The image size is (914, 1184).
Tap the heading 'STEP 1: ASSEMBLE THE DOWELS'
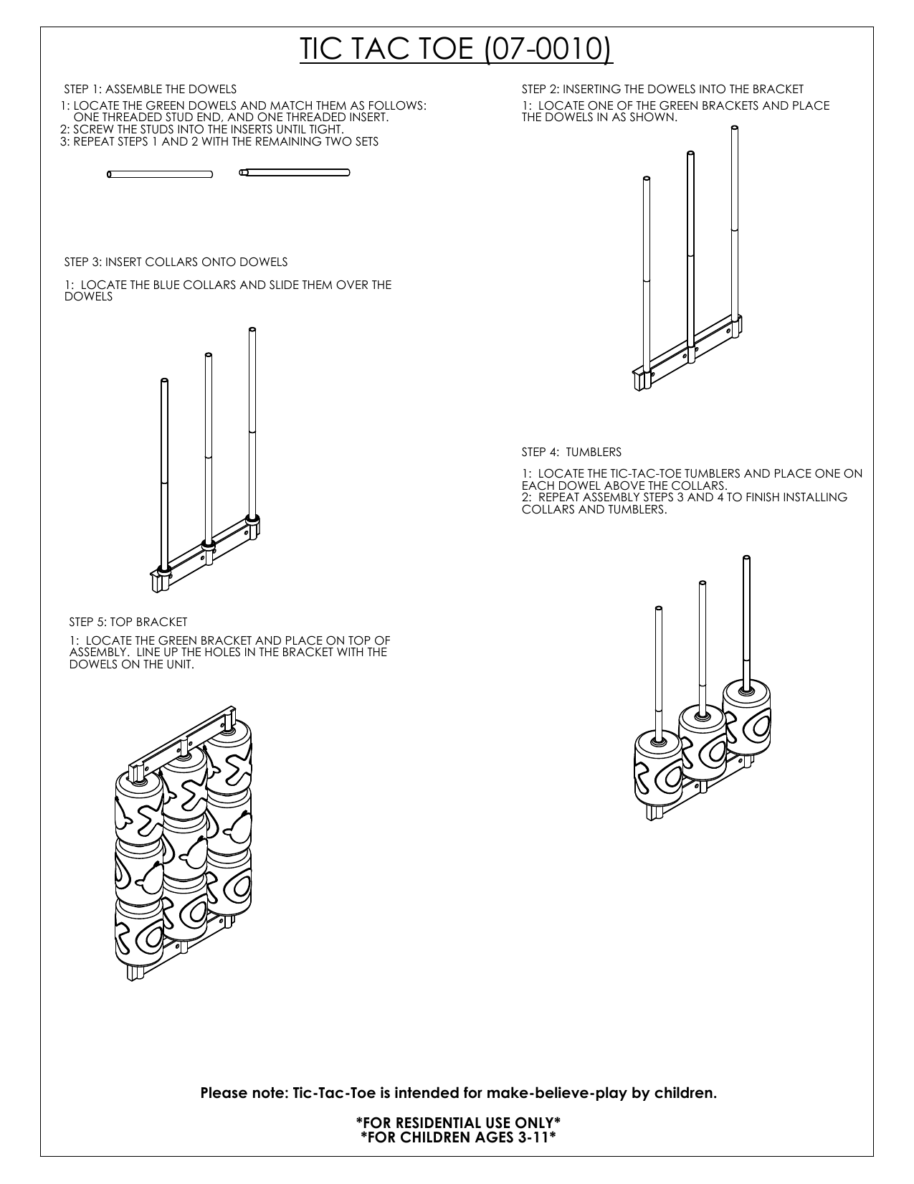pos(151,90)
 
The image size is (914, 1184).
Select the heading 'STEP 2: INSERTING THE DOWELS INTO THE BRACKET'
pos(662,90)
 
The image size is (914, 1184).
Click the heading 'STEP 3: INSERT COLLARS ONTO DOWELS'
pos(176,262)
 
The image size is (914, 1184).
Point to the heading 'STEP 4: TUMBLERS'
pos(571,453)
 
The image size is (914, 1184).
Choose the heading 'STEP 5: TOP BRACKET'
pos(128,622)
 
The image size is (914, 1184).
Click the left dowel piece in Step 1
pos(160,174)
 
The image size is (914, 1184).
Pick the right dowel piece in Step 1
pos(295,172)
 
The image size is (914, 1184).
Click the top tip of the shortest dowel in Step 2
pos(647,179)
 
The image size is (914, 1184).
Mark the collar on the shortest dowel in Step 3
pos(163,570)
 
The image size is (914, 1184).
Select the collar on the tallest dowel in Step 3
pos(252,517)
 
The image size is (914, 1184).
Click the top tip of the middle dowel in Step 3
pos(208,355)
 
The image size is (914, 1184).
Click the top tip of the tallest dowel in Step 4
pos(746,558)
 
